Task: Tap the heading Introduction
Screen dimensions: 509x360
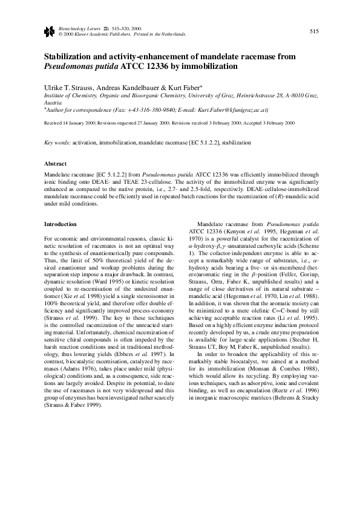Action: click(x=61, y=224)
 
